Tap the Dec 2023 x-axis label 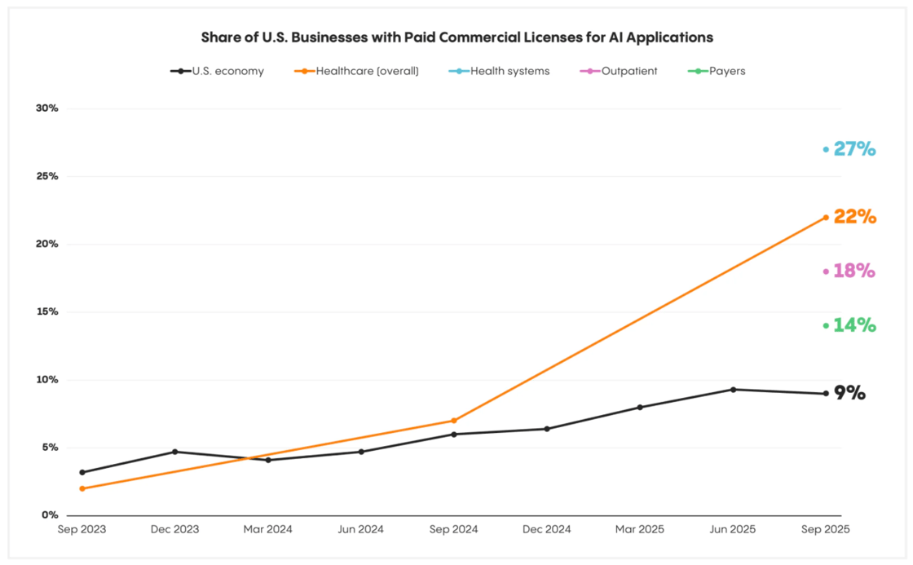coord(175,529)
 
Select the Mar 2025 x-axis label coord(640,529)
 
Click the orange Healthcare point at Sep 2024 coord(454,421)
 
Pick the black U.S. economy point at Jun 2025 coord(733,390)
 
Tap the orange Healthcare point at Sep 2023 coord(82,488)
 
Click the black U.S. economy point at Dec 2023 coord(175,452)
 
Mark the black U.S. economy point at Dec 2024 coord(547,429)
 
